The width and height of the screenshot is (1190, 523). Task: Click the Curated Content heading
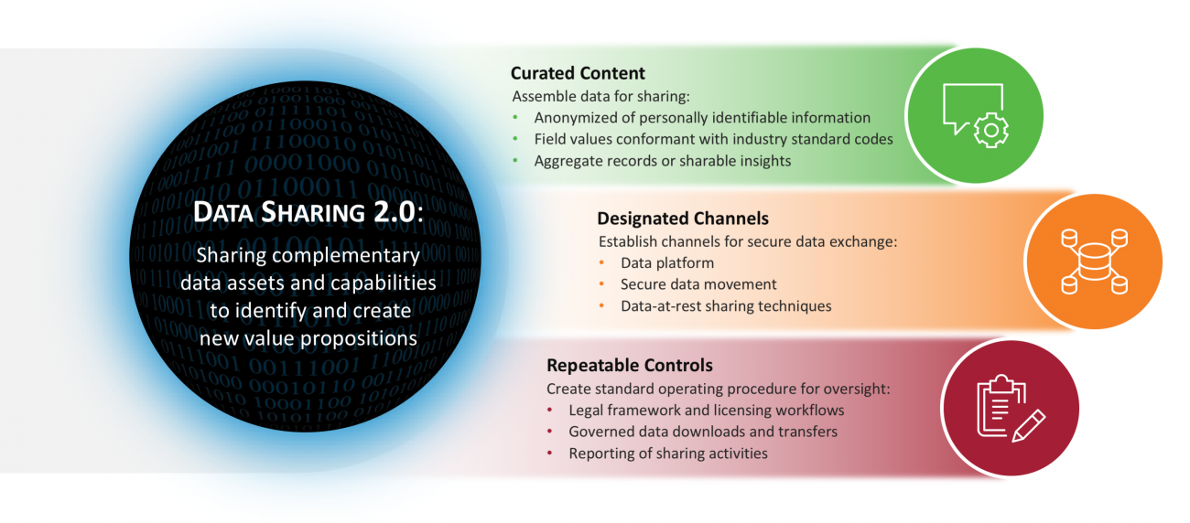[x=578, y=73]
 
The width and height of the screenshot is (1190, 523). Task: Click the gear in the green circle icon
[x=989, y=131]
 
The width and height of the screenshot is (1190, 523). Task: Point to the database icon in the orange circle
[x=1093, y=261]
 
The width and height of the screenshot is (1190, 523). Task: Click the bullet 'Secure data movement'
[x=698, y=284]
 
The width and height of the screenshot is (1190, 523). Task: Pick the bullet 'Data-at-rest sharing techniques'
[x=725, y=306]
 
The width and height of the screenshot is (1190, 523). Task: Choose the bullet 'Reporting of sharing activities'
[x=667, y=454]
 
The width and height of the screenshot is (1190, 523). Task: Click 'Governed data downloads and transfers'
[x=702, y=432]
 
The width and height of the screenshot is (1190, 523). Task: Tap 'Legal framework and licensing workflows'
[x=706, y=411]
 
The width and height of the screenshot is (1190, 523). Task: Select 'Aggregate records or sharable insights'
[x=662, y=160]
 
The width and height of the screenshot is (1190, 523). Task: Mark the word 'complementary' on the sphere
[x=358, y=256]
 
